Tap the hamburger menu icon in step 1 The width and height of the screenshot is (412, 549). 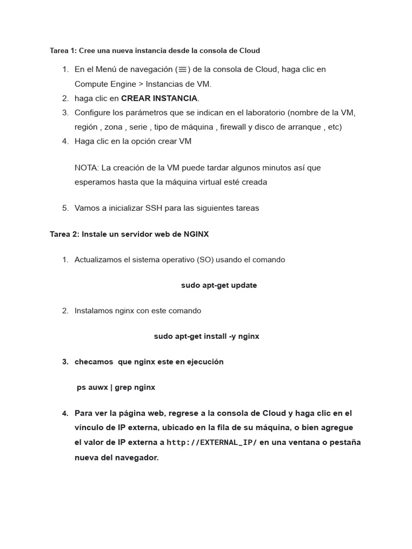[x=182, y=69]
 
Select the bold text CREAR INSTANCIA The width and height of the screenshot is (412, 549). [x=159, y=98]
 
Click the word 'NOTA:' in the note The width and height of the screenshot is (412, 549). [x=86, y=168]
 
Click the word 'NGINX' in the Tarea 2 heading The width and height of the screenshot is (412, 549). [x=196, y=234]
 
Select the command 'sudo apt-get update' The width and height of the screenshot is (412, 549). [x=219, y=285]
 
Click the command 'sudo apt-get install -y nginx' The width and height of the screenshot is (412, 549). [x=207, y=336]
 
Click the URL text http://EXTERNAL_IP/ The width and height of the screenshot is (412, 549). [x=212, y=443]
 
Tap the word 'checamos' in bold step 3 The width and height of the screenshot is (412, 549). [x=94, y=362]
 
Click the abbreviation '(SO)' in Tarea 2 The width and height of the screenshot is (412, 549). [x=205, y=260]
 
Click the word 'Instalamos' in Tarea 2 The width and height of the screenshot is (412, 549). [x=94, y=311]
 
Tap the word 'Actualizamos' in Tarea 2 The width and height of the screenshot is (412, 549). [x=98, y=260]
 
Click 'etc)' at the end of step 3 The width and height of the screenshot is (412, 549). [x=333, y=127]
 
